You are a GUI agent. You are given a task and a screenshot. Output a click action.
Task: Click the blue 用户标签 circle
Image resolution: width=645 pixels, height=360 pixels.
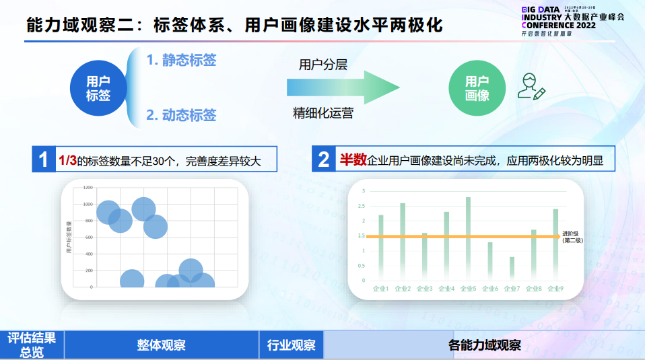[x=99, y=88]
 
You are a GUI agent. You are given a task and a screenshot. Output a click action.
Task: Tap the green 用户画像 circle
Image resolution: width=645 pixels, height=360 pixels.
[x=477, y=88]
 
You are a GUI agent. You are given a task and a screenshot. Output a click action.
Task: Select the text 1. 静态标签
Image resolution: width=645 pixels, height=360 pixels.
[x=181, y=61]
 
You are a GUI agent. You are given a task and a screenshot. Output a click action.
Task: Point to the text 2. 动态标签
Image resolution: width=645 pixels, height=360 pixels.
[x=181, y=115]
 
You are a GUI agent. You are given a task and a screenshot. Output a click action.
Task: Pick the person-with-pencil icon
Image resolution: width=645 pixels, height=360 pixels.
[x=531, y=87]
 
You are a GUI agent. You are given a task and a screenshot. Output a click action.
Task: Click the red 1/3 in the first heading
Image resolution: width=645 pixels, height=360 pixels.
[x=67, y=161]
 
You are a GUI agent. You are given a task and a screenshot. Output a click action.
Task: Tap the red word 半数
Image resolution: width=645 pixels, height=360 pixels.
[x=352, y=160]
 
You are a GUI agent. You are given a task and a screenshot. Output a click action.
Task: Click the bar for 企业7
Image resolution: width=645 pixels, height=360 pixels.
[x=512, y=268]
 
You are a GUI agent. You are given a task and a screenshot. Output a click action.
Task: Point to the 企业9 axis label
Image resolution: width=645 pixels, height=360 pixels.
[x=555, y=289]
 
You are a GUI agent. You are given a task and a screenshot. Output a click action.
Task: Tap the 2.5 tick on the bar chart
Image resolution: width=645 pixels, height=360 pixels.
[x=363, y=206]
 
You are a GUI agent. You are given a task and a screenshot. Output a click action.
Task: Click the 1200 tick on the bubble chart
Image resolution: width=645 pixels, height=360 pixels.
[x=88, y=186]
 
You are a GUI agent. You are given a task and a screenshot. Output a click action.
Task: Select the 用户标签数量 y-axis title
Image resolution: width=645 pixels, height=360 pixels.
[x=69, y=236]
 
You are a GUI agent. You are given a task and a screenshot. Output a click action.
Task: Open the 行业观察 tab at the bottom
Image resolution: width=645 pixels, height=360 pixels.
[x=292, y=345]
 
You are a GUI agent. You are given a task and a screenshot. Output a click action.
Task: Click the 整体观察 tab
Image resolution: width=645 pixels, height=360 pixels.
[x=162, y=345]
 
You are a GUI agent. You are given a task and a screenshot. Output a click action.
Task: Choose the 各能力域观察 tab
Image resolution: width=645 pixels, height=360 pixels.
[x=485, y=345]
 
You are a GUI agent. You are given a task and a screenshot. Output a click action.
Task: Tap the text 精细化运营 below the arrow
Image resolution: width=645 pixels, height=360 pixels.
[x=322, y=113]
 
